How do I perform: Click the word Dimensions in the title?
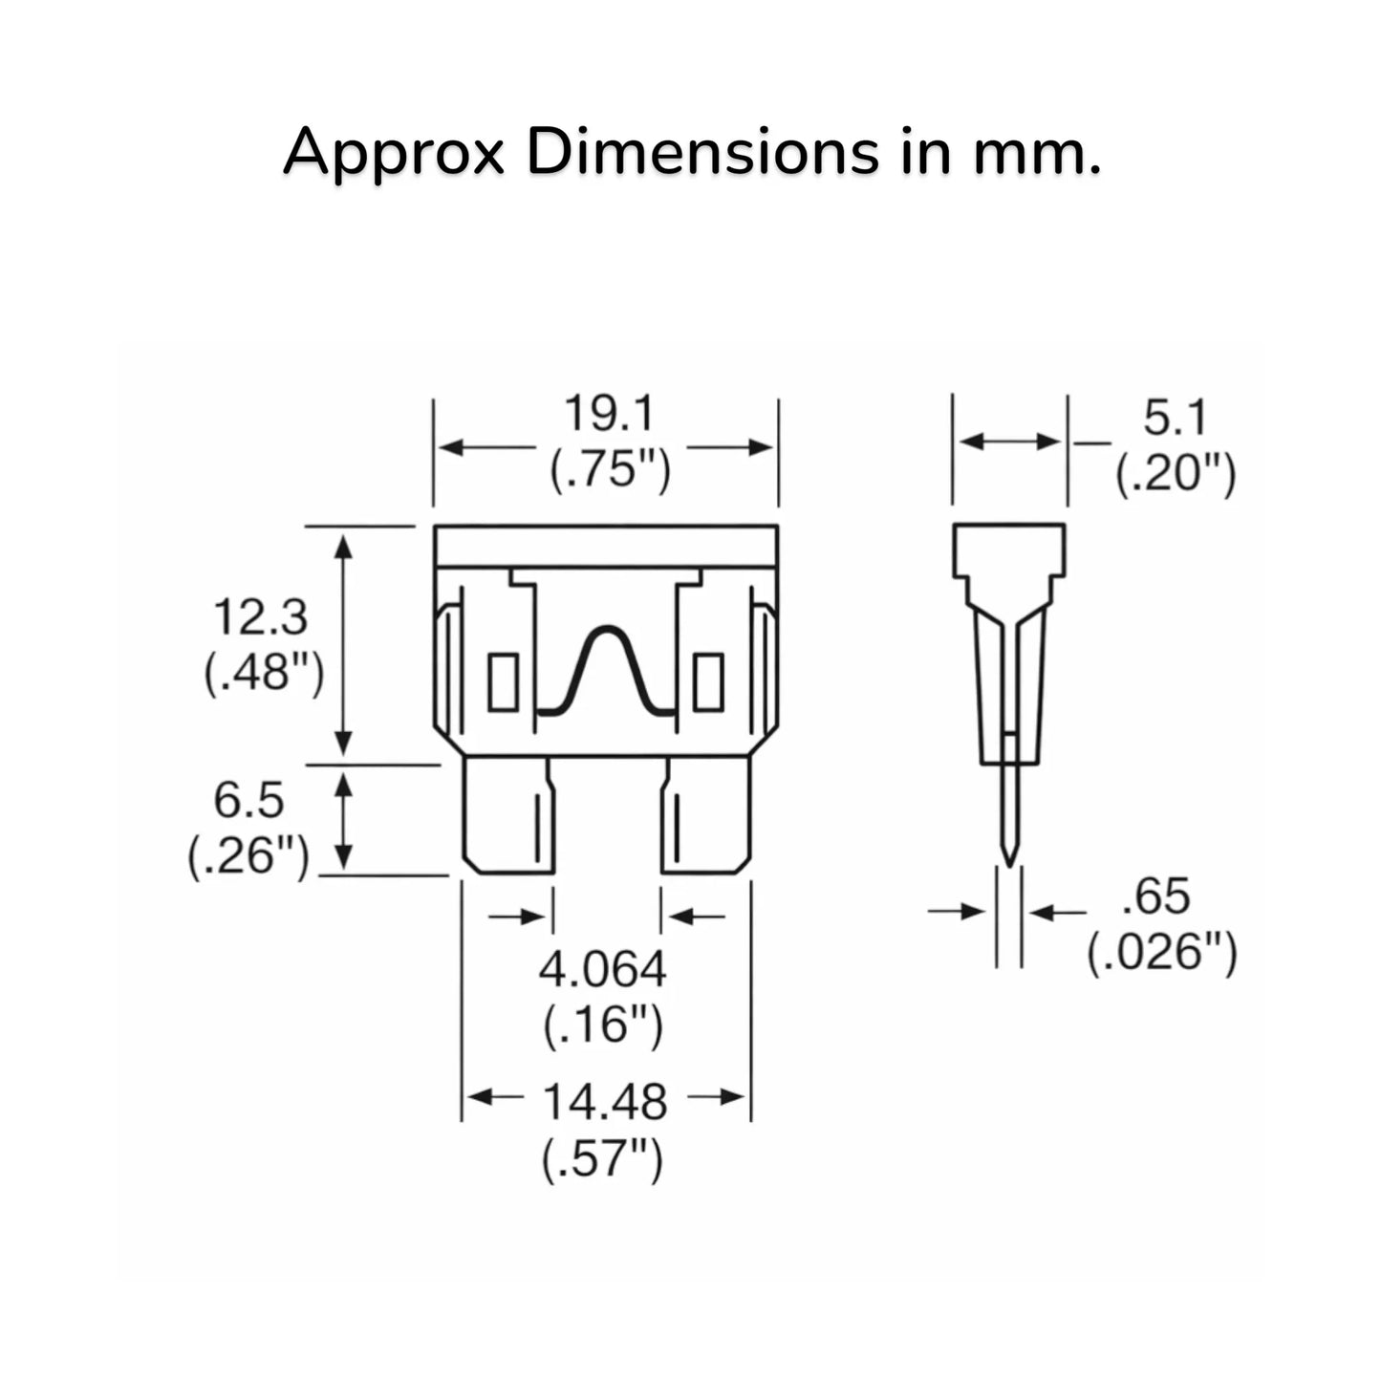click(x=702, y=153)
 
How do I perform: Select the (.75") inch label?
click(x=610, y=471)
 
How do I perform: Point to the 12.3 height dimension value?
click(x=261, y=617)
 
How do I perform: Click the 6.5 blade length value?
click(x=248, y=801)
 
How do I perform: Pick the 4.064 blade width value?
click(x=603, y=970)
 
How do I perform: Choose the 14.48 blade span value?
click(x=605, y=1102)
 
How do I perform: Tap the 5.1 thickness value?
click(x=1175, y=418)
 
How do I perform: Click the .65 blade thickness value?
click(x=1156, y=896)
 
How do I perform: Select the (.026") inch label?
click(x=1162, y=954)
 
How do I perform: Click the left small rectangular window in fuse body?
click(x=503, y=681)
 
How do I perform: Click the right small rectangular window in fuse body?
click(x=709, y=681)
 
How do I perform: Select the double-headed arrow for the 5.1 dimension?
click(x=1010, y=442)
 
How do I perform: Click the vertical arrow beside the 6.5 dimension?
click(x=344, y=821)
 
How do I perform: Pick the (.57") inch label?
click(x=603, y=1159)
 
